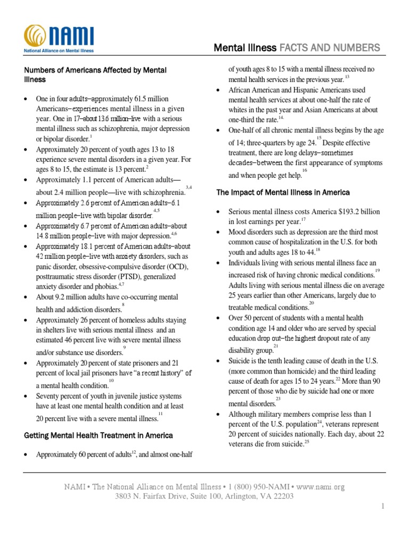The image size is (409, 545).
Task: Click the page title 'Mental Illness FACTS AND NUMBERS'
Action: click(297, 48)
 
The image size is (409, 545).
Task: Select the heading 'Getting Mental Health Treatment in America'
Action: click(99, 435)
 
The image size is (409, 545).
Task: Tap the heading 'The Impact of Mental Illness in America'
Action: click(283, 192)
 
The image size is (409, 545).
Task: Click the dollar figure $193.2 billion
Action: click(359, 211)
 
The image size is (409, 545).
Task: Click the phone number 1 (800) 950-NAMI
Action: click(256, 486)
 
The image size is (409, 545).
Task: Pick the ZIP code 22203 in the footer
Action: click(282, 497)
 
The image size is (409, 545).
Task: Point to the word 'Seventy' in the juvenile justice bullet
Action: click(48, 396)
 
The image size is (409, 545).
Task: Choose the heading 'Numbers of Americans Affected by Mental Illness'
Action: click(96, 75)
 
